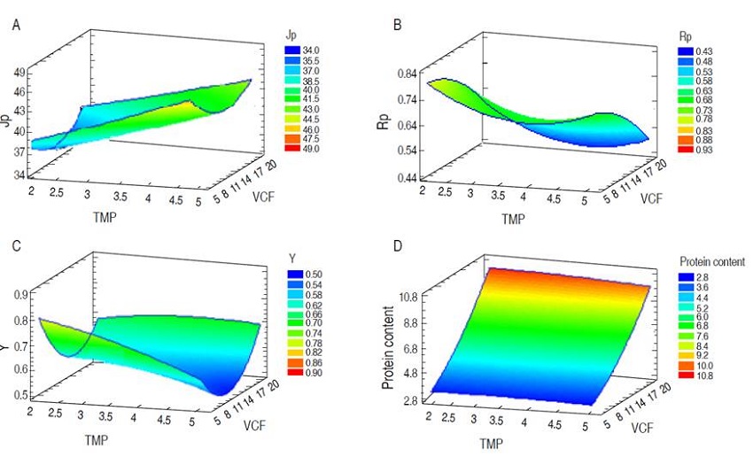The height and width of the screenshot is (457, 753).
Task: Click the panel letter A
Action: [16, 25]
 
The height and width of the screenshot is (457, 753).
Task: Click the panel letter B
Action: [397, 25]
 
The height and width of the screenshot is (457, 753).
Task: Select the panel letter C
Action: [16, 250]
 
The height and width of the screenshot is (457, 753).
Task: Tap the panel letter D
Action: [397, 250]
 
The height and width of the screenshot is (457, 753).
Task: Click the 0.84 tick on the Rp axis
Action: [408, 74]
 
